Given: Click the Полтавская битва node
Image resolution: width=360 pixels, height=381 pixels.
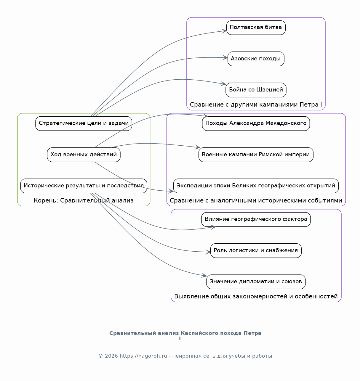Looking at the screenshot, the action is [x=256, y=28].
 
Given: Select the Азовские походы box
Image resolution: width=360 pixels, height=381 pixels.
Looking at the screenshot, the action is [x=256, y=59].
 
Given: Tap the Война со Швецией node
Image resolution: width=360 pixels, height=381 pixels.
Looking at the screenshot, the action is [x=256, y=90].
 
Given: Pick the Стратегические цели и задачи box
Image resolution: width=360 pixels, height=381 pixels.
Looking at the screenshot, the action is [x=84, y=123].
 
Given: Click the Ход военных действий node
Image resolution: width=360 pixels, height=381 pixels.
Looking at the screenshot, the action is [x=84, y=155].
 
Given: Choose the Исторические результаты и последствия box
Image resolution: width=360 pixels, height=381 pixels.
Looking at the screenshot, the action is [x=84, y=186].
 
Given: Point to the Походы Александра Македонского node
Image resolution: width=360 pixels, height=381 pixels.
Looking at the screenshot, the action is [x=256, y=123].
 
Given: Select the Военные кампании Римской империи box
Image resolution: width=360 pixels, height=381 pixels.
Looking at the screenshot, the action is [x=256, y=155].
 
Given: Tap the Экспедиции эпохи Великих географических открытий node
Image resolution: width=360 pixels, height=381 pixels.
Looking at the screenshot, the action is [x=256, y=186].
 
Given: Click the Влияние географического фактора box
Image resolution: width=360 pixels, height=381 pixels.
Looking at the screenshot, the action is [x=256, y=219].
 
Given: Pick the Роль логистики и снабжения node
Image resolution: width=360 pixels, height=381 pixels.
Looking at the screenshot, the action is [x=256, y=250].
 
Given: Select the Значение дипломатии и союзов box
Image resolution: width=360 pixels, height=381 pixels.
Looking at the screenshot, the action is [x=256, y=282].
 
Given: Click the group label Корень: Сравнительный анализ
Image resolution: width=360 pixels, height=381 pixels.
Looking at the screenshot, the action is [x=84, y=200].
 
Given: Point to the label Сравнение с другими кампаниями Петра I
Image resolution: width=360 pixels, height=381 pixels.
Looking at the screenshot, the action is [x=256, y=105].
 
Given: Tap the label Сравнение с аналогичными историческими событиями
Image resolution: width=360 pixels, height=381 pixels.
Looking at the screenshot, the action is [x=256, y=200].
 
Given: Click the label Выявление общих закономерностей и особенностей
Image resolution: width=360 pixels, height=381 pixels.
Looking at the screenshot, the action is [x=256, y=296].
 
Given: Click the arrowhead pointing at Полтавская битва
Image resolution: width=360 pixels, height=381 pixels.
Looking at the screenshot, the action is [x=224, y=31].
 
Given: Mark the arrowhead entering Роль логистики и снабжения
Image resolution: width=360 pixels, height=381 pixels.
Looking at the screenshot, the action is [x=208, y=252].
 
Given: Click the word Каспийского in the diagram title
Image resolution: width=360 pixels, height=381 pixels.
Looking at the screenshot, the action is [x=211, y=333].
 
